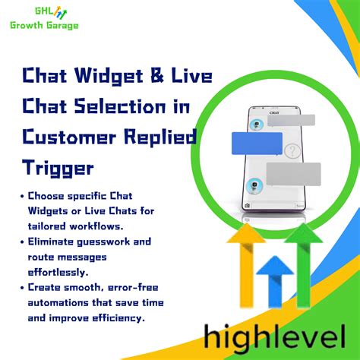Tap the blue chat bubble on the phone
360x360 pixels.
click(257, 143)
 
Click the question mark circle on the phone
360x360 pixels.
click(293, 151)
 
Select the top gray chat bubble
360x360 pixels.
click(291, 120)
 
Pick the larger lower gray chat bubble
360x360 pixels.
click(293, 174)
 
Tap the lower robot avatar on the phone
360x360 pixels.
click(256, 184)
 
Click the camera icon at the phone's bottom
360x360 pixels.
click(247, 205)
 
